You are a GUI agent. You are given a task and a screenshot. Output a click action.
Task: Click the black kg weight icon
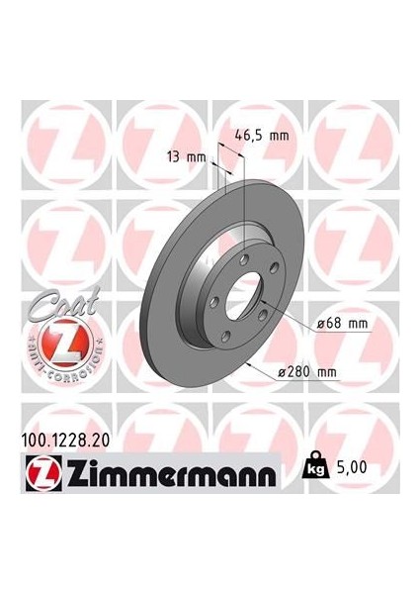pos(315,462)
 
